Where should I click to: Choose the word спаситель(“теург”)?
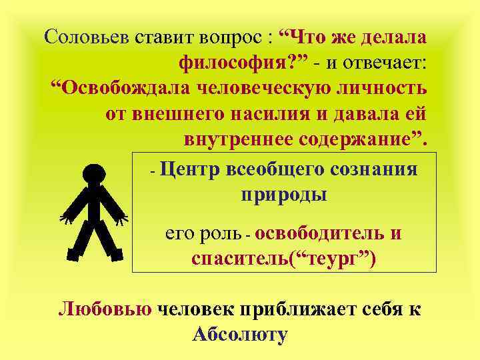(283, 258)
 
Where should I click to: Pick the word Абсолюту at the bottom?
(240, 333)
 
